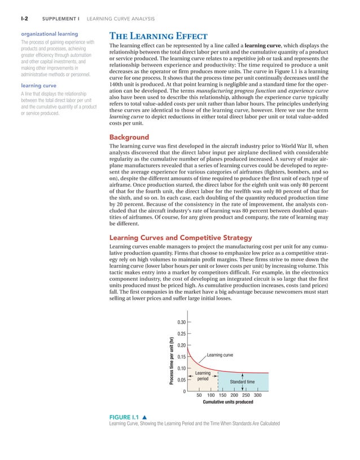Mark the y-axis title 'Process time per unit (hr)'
[x=170, y=361]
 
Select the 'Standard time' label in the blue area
[x=243, y=382]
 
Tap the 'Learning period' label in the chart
[x=203, y=376]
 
